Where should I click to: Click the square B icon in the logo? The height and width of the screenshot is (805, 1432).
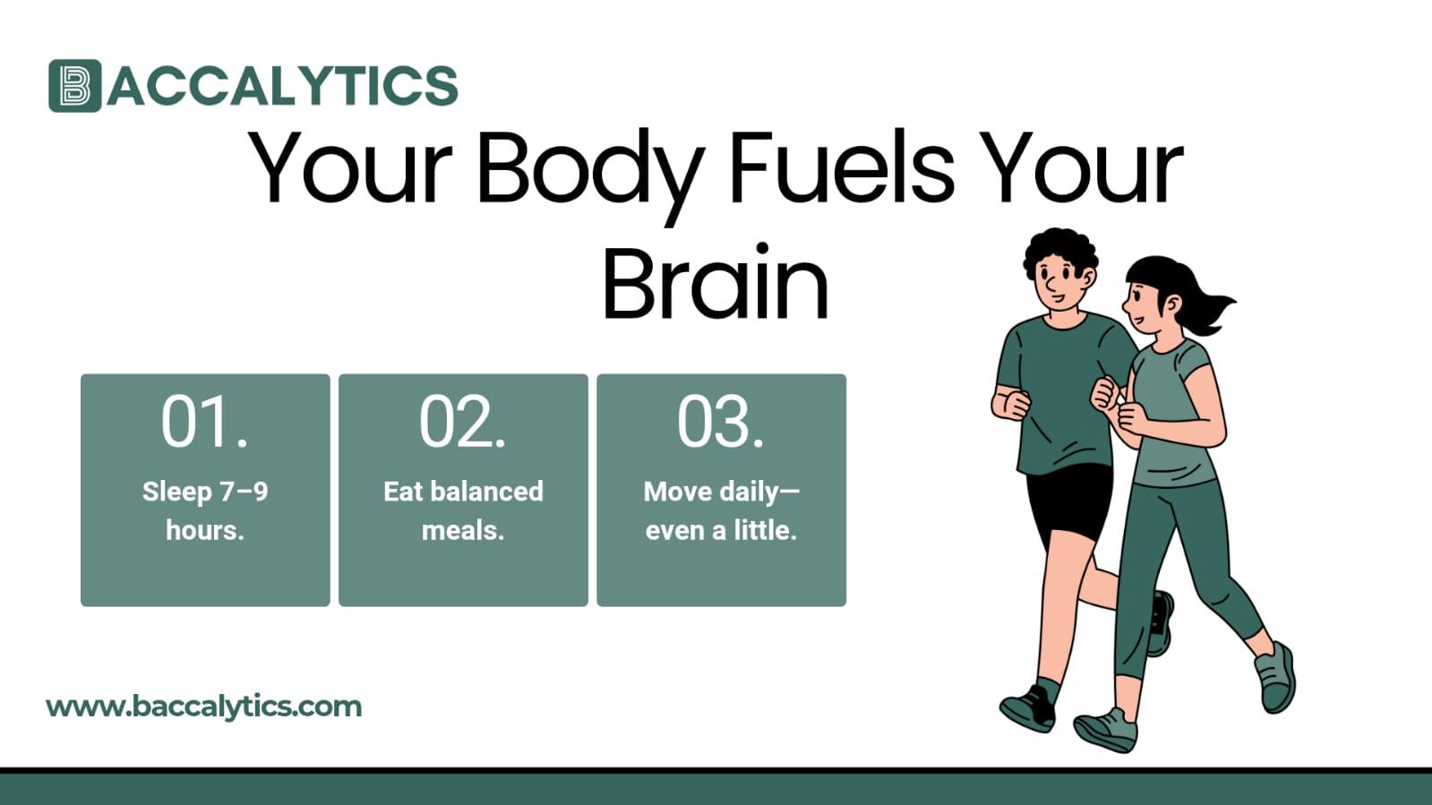[x=74, y=86]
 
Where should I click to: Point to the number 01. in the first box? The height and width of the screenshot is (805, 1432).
[x=204, y=422]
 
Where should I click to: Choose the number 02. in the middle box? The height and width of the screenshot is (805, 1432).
[x=462, y=422]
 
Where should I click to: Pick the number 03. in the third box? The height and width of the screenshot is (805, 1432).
[x=720, y=422]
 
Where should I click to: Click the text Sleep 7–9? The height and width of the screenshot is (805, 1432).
[x=205, y=491]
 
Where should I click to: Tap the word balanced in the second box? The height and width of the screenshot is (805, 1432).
[x=487, y=491]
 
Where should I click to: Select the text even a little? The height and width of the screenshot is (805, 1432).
[x=721, y=530]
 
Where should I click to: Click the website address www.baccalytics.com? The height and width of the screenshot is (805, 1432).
[x=203, y=707]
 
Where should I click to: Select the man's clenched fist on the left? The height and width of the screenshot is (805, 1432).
[x=1012, y=402]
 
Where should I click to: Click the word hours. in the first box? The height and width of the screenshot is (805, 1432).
[x=205, y=530]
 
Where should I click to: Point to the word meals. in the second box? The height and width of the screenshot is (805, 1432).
[x=463, y=530]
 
